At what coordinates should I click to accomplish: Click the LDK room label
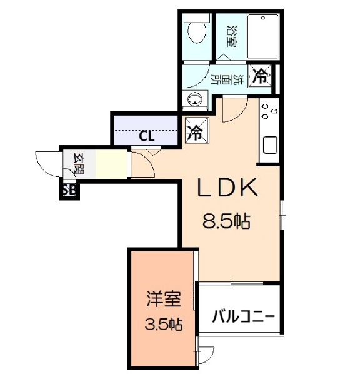(227, 188)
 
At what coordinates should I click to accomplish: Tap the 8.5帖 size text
(227, 221)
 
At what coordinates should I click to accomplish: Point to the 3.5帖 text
(164, 325)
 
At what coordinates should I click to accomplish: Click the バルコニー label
(242, 315)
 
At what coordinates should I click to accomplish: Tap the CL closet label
(147, 135)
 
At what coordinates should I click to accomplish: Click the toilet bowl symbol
(196, 30)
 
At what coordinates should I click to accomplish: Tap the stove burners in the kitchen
(268, 113)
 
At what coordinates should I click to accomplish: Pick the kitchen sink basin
(270, 145)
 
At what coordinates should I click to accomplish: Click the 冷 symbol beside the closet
(196, 133)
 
